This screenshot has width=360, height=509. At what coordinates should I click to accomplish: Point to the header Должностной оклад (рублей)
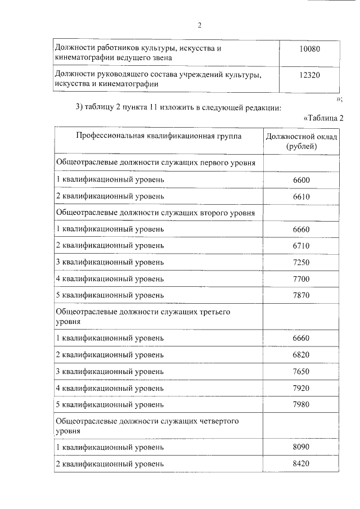[x=301, y=141]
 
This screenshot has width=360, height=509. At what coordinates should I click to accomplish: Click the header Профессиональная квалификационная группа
[x=157, y=136]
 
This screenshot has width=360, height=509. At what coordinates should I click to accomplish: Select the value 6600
[x=301, y=180]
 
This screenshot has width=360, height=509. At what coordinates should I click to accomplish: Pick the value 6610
[x=301, y=197]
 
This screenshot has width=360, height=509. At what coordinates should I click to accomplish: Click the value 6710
[x=301, y=246]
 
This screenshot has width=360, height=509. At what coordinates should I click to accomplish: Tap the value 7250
[x=301, y=263]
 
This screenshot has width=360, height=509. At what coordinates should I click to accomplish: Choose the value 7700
[x=301, y=279]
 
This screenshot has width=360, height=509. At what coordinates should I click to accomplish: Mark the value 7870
[x=301, y=295]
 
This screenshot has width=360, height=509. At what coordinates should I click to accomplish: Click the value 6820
[x=301, y=355]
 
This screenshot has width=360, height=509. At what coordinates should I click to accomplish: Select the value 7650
[x=301, y=372]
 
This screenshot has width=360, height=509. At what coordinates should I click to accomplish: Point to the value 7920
[x=301, y=388]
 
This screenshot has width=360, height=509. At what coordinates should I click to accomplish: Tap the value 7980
[x=301, y=404]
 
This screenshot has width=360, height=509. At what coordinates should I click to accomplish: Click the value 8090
[x=301, y=448]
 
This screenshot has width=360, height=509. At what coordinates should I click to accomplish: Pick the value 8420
[x=301, y=464]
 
